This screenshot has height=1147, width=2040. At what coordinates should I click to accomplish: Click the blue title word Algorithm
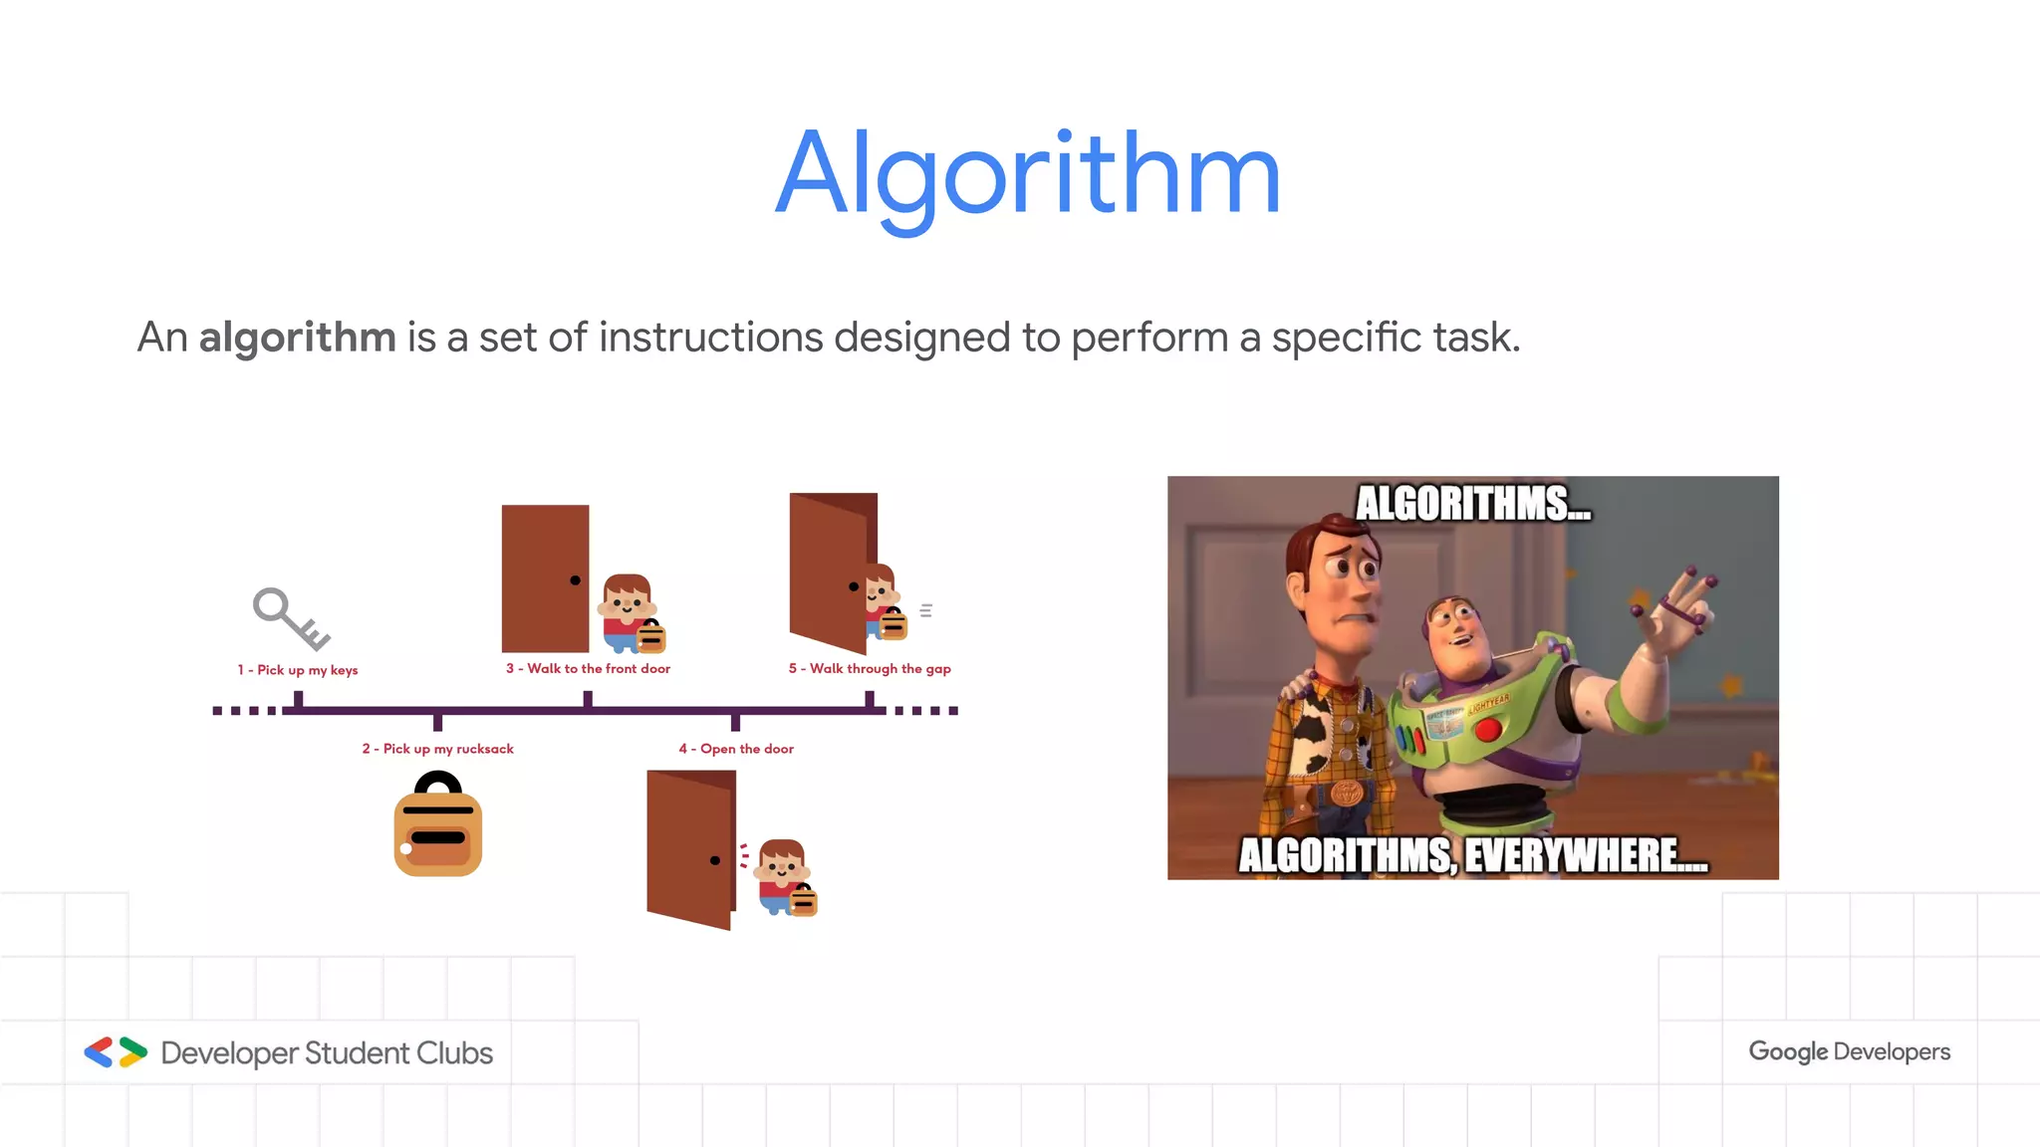1028,175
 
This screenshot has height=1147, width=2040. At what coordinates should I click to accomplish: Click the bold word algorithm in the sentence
297,338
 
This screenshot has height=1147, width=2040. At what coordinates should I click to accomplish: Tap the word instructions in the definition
710,338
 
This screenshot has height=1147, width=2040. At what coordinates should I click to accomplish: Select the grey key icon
290,617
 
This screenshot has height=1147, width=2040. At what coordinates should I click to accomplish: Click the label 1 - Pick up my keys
297,670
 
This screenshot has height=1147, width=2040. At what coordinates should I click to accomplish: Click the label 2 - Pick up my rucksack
437,749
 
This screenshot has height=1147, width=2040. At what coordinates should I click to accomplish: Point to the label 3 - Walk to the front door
588,668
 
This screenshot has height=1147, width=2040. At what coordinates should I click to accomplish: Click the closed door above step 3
545,577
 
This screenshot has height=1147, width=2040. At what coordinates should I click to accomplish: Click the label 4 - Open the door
736,749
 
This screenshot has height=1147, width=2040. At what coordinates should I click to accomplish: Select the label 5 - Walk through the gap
870,668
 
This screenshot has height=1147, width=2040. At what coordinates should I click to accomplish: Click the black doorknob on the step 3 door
575,580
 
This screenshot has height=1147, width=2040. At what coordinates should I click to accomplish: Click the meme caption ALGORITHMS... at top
1472,504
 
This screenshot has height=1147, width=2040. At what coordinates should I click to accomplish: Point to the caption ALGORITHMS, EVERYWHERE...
1472,855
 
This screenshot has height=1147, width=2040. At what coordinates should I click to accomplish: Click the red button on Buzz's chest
1488,730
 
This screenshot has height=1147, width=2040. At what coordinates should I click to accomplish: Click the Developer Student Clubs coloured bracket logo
116,1052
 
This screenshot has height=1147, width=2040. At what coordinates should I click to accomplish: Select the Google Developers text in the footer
1849,1051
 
